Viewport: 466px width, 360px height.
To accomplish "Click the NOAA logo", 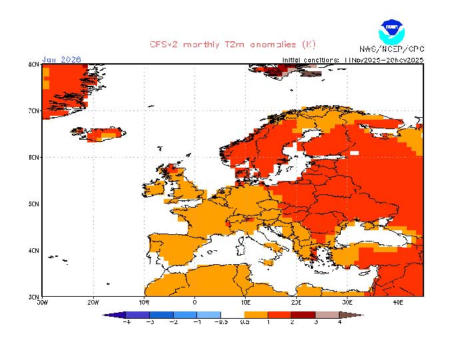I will pos(391,31).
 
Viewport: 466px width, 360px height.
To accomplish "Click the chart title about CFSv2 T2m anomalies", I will pos(232,45).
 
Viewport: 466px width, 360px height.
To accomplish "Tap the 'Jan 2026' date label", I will pos(61,59).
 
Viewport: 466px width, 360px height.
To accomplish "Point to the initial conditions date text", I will pos(353,59).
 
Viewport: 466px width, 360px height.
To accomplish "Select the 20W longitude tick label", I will pos(93,301).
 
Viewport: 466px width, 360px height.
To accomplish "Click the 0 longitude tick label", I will pos(194,301).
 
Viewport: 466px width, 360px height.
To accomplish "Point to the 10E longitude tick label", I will pos(245,301).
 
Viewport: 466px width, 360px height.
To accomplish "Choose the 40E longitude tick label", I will pos(398,301).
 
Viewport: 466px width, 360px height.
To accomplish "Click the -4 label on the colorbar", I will pos(126,321).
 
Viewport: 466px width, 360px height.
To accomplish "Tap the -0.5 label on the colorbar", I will pos(221,321).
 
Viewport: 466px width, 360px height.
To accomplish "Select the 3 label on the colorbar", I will pos(316,321).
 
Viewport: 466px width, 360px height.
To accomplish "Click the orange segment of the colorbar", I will pos(256,314).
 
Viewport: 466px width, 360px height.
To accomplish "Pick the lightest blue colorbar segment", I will pos(209,314).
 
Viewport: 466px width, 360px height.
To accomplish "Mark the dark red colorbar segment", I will pos(304,314).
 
